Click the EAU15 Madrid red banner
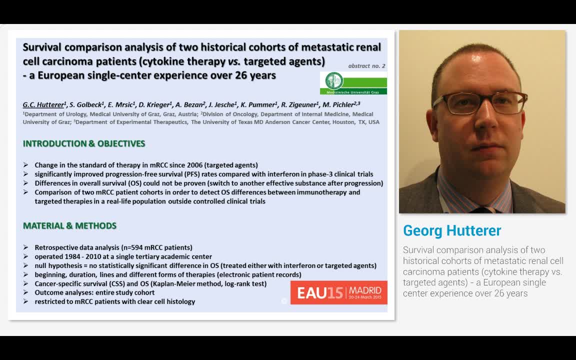click(x=338, y=292)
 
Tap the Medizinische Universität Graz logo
click(x=353, y=83)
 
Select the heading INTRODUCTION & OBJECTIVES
click(x=84, y=144)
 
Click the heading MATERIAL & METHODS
click(x=69, y=226)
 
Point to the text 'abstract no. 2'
click(x=366, y=65)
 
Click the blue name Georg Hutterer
click(x=451, y=230)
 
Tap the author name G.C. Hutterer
click(x=44, y=104)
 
